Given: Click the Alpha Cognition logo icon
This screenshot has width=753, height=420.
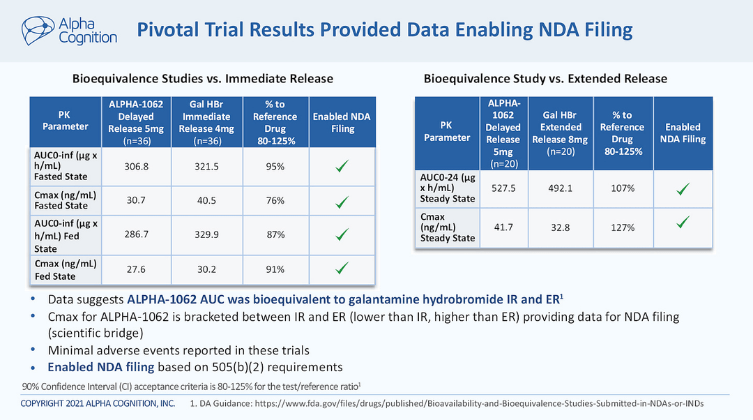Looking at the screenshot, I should [x=37, y=30].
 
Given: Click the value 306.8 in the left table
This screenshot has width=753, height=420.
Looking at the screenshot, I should [x=135, y=167].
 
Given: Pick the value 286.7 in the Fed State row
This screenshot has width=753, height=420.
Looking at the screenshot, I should [x=135, y=235].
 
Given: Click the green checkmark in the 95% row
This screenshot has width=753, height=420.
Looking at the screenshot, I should [x=342, y=166].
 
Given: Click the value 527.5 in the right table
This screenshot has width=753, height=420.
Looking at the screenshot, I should [x=503, y=188].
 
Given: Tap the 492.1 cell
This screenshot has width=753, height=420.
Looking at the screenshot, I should [x=561, y=188].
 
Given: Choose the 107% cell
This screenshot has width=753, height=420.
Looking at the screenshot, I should [x=623, y=188].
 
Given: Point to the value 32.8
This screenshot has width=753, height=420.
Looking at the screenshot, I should [x=561, y=227].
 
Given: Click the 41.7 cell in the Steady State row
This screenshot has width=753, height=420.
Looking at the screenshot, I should [x=503, y=227].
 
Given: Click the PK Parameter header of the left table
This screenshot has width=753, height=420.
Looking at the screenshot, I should [x=65, y=120].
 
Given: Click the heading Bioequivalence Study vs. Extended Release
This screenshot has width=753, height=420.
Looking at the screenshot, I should [x=545, y=78].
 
